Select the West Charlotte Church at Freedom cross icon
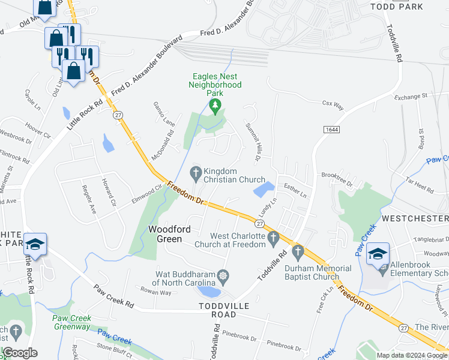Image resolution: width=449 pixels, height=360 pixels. [274, 238]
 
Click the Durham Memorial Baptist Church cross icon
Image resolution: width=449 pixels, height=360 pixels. [297, 251]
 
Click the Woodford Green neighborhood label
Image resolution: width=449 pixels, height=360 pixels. [173, 235]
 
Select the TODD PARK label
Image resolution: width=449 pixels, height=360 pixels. [397, 7]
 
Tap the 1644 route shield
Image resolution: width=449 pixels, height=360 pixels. [330, 130]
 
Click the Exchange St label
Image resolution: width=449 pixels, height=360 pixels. [411, 96]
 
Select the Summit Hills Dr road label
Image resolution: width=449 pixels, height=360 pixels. [252, 141]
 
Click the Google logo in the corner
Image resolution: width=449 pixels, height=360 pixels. [20, 353]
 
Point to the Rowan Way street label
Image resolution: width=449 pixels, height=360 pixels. [156, 292]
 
